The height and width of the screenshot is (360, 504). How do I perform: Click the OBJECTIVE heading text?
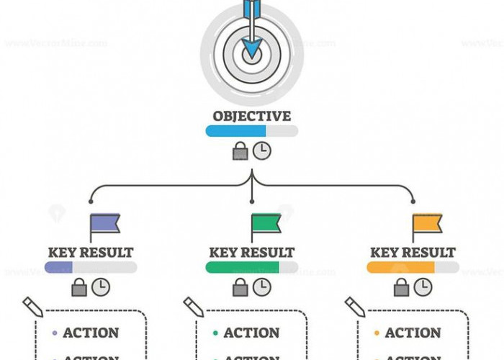(252, 115)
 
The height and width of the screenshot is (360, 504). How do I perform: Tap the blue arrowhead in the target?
(252, 49)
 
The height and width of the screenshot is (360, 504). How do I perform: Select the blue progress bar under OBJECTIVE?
(236, 131)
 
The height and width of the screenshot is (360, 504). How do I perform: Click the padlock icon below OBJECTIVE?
(240, 151)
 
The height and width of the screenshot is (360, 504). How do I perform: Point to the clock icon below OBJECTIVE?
(262, 150)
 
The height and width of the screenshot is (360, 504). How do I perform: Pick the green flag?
(266, 224)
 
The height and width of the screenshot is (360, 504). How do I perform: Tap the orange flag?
(427, 224)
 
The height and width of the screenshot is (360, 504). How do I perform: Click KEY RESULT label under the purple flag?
(91, 253)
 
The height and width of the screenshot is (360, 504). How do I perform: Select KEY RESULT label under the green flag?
(252, 253)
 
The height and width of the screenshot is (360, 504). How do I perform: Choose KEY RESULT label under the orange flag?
(413, 253)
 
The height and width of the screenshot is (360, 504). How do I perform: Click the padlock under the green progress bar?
(240, 287)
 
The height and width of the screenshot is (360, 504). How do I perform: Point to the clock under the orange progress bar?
(423, 287)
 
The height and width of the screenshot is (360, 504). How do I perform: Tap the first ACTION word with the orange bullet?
(413, 333)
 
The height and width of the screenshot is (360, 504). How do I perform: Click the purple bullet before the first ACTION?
(55, 333)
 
